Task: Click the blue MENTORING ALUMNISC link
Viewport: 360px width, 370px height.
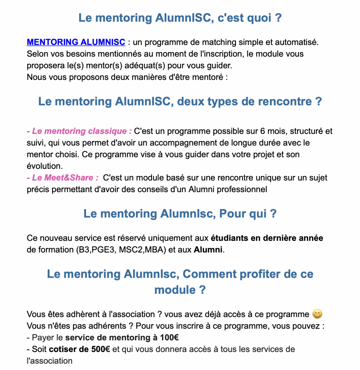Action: (x=76, y=42)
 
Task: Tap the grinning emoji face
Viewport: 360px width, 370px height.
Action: (x=317, y=314)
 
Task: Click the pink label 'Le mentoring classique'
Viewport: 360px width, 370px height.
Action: (x=79, y=131)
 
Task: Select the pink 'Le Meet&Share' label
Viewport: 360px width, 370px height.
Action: (x=63, y=177)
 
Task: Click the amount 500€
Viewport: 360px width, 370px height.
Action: (x=100, y=349)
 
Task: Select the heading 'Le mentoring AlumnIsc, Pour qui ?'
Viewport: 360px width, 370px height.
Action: (x=180, y=214)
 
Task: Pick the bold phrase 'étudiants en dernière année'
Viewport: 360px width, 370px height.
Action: (x=267, y=238)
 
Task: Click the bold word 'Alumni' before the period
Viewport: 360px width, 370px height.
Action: (x=208, y=250)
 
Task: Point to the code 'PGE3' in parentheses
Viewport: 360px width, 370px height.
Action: (x=105, y=250)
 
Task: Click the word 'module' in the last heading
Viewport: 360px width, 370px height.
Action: (x=174, y=290)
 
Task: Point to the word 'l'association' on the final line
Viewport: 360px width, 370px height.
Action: (x=49, y=361)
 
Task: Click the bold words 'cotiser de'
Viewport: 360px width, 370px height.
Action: (x=69, y=349)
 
